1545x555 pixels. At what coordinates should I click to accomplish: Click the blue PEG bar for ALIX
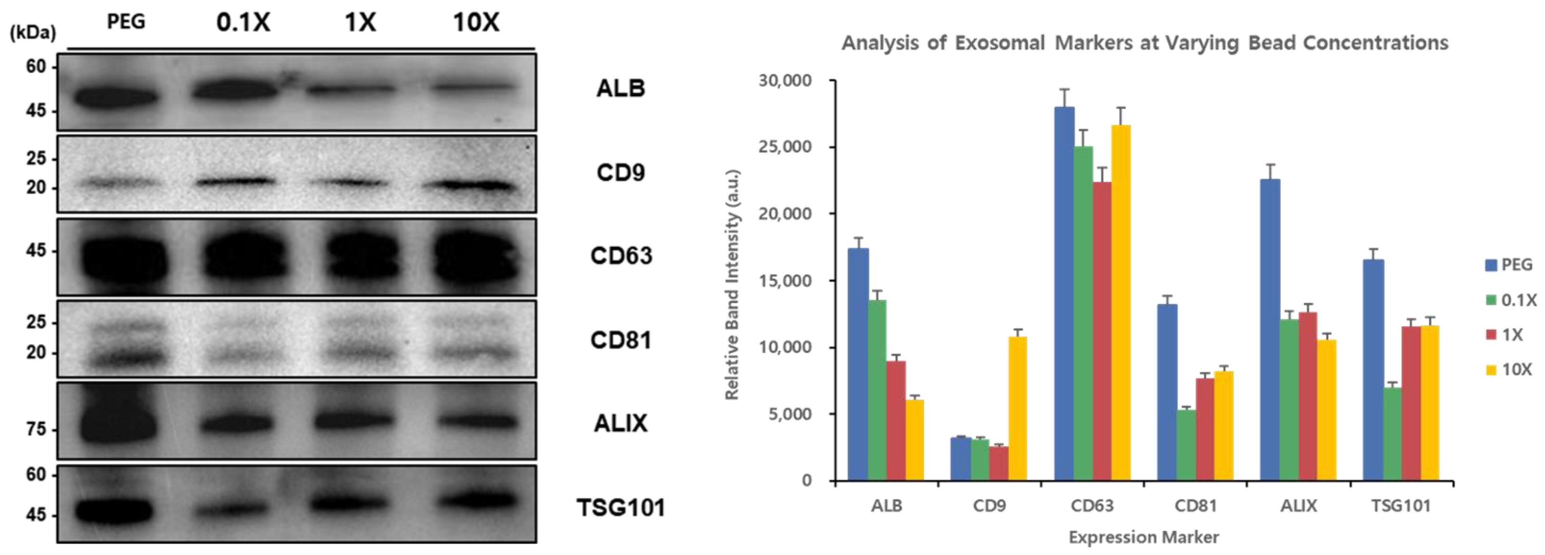point(1270,330)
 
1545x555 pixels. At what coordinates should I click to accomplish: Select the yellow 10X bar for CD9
point(1018,408)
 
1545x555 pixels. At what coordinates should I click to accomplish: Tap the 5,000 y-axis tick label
point(790,414)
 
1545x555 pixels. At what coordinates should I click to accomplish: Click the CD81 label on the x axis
point(1195,506)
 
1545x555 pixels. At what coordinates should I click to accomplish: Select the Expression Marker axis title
point(1144,537)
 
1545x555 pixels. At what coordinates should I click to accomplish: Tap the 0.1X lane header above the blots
point(243,23)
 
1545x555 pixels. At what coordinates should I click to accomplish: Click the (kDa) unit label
point(33,33)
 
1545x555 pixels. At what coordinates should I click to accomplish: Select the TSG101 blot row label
point(621,508)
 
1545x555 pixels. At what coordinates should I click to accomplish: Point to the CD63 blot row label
point(621,256)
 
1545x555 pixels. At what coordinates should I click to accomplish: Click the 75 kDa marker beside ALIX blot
point(36,429)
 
